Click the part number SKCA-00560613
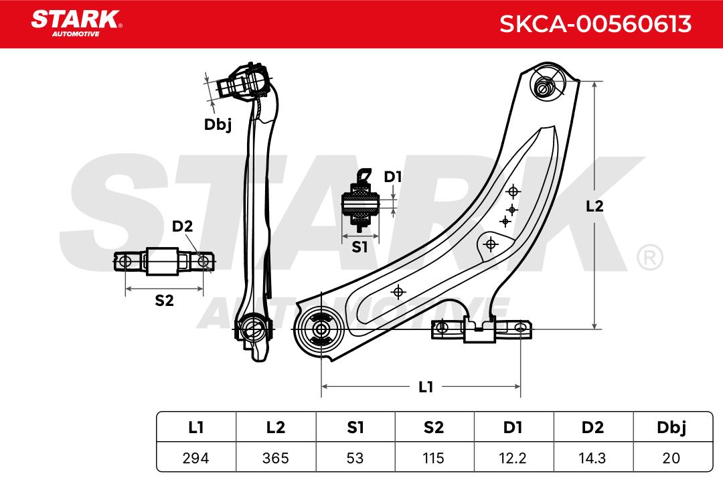pyautogui.click(x=595, y=24)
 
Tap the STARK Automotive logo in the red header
pyautogui.click(x=76, y=23)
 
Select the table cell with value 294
pyautogui.click(x=196, y=458)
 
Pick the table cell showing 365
pyautogui.click(x=276, y=458)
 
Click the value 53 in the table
pyautogui.click(x=355, y=458)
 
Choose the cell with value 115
pyautogui.click(x=434, y=458)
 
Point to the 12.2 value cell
pyautogui.click(x=513, y=458)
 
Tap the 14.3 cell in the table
pyautogui.click(x=592, y=458)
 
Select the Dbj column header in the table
pyautogui.click(x=672, y=428)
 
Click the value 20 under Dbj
pyautogui.click(x=672, y=458)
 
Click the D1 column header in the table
pyautogui.click(x=513, y=428)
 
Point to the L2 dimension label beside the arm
pyautogui.click(x=594, y=206)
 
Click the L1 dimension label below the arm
pyautogui.click(x=426, y=387)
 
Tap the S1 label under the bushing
pyautogui.click(x=359, y=247)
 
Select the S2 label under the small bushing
pyautogui.click(x=164, y=301)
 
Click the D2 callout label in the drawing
pyautogui.click(x=182, y=226)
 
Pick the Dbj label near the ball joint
pyautogui.click(x=218, y=125)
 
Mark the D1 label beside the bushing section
pyautogui.click(x=393, y=177)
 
